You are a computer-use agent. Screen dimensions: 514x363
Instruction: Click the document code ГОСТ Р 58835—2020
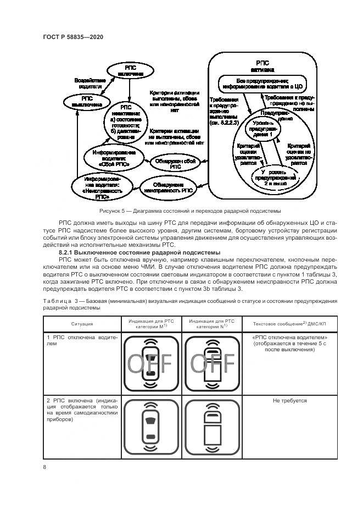[73, 37]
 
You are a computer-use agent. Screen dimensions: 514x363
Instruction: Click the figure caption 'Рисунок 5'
[190, 211]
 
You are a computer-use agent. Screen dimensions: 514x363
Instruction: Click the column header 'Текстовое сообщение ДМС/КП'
[289, 324]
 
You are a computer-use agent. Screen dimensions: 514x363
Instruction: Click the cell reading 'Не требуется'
[289, 401]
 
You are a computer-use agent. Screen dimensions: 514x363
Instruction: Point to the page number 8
[44, 467]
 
